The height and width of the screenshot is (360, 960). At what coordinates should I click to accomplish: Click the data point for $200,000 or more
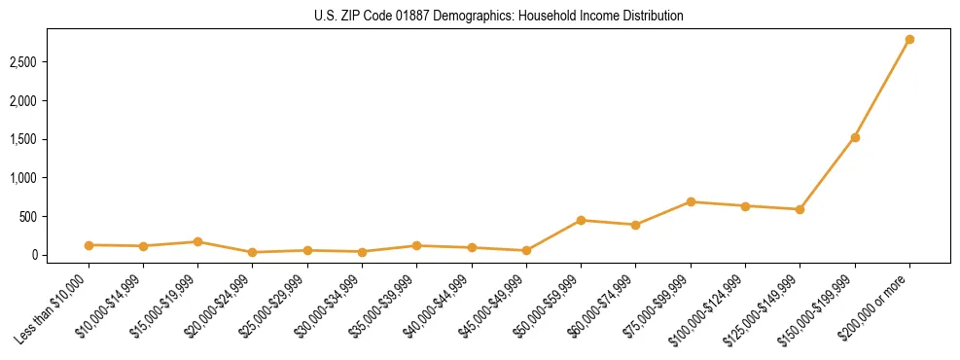tap(909, 40)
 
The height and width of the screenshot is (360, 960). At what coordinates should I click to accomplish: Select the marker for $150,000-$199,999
tap(855, 137)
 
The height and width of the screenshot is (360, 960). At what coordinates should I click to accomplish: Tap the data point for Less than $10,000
tap(89, 245)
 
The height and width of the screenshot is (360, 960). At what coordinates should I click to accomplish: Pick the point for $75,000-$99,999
tap(691, 202)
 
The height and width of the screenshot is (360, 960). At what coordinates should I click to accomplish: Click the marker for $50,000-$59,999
tap(581, 220)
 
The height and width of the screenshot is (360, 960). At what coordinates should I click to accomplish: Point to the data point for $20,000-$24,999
tap(253, 252)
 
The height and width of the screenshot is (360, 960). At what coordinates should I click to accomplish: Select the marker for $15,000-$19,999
tap(197, 241)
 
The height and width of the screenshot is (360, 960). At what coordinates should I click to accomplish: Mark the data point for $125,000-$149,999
tap(800, 209)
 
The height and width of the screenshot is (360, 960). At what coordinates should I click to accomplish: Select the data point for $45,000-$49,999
tap(526, 250)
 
